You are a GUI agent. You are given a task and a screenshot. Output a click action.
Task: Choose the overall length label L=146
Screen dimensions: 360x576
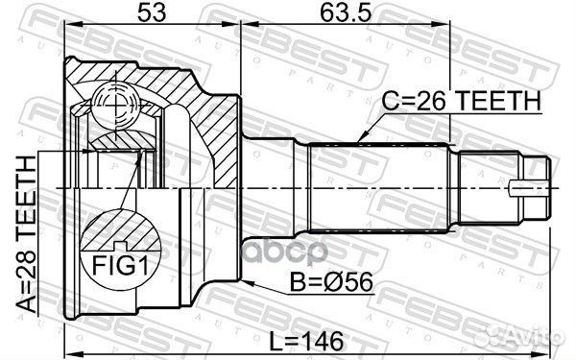click(x=312, y=342)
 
